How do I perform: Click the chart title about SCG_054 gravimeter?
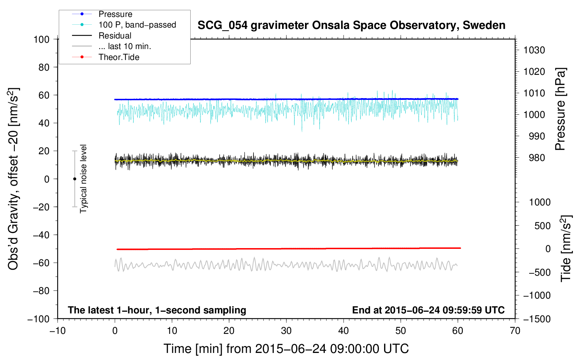pyautogui.click(x=351, y=25)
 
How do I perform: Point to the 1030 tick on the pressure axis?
pyautogui.click(x=534, y=50)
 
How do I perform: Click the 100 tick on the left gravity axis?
pyautogui.click(x=42, y=40)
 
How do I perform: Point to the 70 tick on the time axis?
pyautogui.click(x=515, y=331)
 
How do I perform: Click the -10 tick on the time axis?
pyautogui.click(x=58, y=331)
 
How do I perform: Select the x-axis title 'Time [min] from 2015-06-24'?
pyautogui.click(x=286, y=349)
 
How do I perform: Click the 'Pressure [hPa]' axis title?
pyautogui.click(x=560, y=109)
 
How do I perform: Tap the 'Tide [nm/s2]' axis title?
pyautogui.click(x=566, y=248)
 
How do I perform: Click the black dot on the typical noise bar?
pyautogui.click(x=74, y=179)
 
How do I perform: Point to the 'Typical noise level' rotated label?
pyautogui.click(x=83, y=179)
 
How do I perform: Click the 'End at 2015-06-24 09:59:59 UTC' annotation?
pyautogui.click(x=428, y=310)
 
